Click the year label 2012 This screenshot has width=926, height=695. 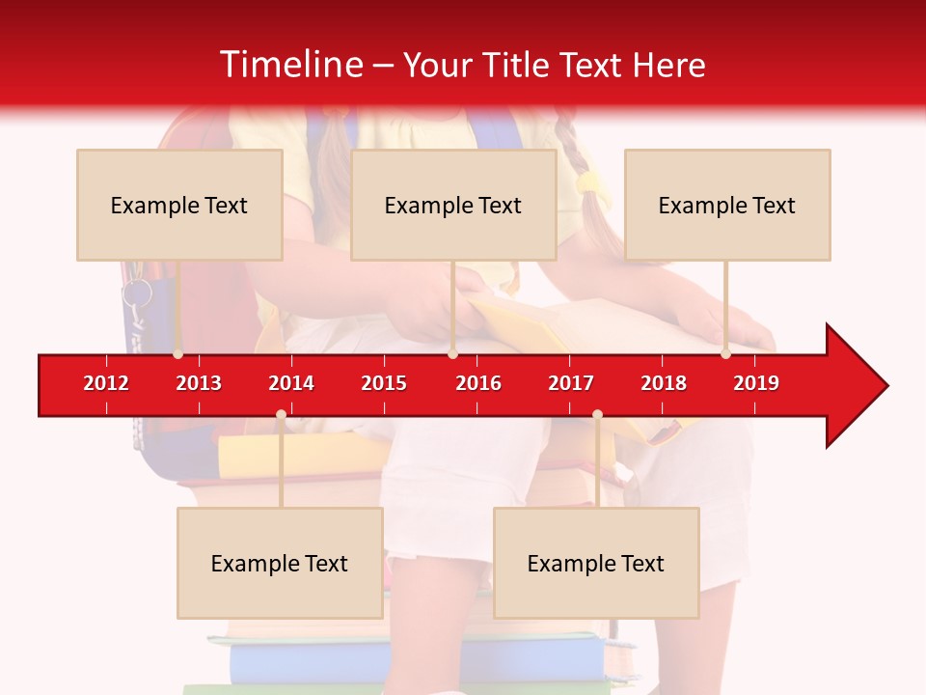coord(106,383)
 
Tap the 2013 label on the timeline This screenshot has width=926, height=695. coord(199,383)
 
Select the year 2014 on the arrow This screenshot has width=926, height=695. coord(291,383)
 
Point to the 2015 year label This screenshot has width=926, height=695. coord(384,383)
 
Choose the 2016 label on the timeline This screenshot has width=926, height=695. coord(478,383)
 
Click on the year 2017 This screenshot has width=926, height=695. coord(571,383)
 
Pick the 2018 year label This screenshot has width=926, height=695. coord(664,383)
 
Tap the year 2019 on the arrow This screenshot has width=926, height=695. coord(756,383)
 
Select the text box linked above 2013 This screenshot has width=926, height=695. coord(179,205)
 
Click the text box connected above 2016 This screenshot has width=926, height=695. coord(453,205)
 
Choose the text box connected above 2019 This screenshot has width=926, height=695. coord(727,205)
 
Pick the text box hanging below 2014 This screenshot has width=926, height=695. coord(280,563)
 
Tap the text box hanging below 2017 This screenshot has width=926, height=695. coord(596,563)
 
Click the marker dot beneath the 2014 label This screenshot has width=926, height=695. coord(281,415)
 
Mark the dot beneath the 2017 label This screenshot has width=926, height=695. coord(597,415)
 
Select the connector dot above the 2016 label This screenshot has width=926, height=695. coord(452,354)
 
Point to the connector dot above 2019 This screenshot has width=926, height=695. coord(725,354)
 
